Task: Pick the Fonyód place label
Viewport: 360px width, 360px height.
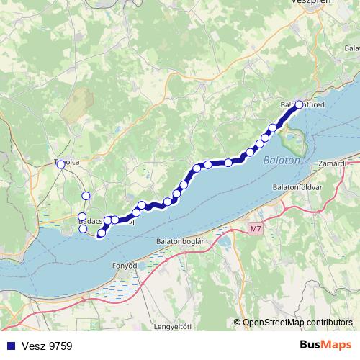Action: (124, 266)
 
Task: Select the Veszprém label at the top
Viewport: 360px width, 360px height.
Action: (310, 3)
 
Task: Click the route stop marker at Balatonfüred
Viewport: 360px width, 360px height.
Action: (299, 105)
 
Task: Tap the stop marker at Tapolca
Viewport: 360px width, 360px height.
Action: (60, 164)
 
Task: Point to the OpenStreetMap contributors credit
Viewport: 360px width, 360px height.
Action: (297, 323)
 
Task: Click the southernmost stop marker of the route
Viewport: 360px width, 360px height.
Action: (101, 233)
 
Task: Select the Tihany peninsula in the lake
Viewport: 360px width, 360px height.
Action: (294, 137)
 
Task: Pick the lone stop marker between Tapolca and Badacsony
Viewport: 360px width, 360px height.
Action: (86, 195)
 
